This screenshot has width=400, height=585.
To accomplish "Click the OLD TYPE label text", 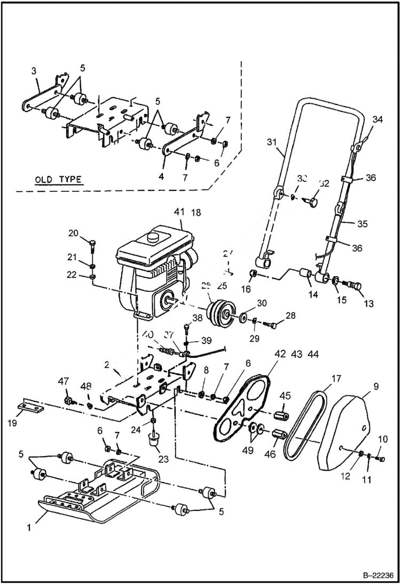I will (58, 179).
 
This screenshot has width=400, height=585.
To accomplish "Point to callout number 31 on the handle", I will (272, 141).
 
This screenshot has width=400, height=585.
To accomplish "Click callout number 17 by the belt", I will (336, 379).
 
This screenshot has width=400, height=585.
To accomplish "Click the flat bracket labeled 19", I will (31, 406).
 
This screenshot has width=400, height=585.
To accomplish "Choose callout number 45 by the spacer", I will (285, 395).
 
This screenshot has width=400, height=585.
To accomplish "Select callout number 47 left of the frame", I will (64, 381).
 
